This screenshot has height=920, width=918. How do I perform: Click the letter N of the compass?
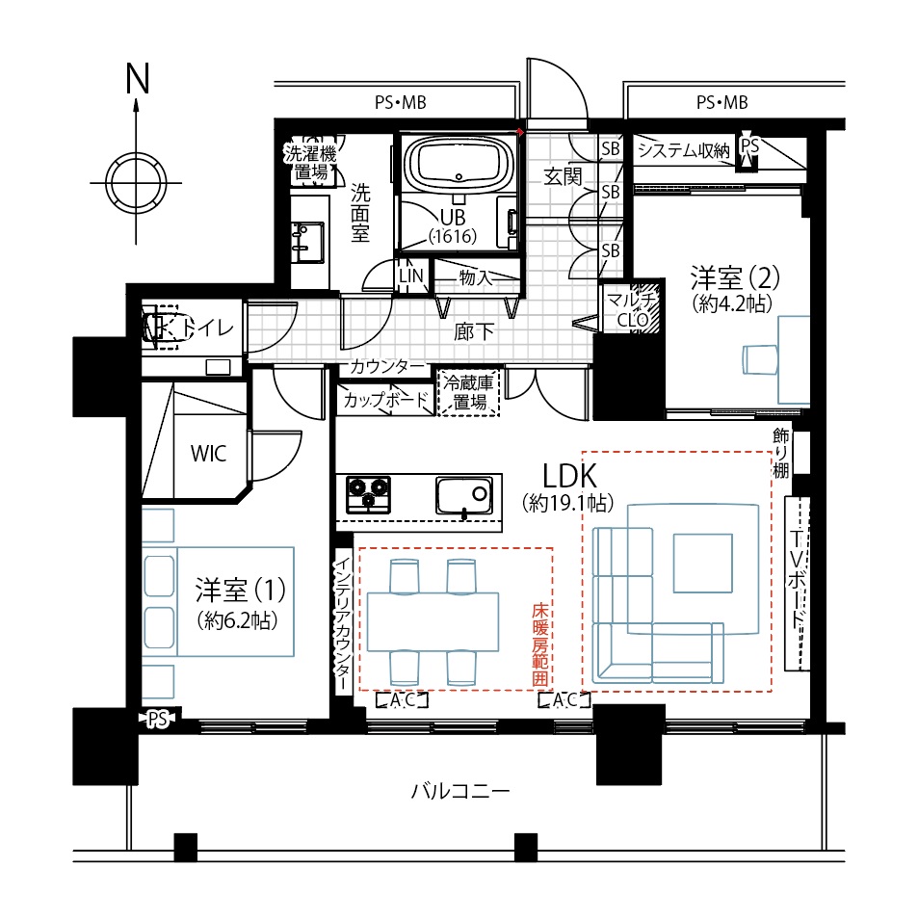click(x=138, y=78)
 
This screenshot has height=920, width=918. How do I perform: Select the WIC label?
click(x=208, y=453)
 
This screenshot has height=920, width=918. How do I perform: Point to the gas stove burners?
click(x=368, y=494)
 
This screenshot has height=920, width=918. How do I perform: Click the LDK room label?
click(x=569, y=476)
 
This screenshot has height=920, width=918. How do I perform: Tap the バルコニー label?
click(x=459, y=792)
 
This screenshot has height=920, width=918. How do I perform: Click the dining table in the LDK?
click(x=433, y=622)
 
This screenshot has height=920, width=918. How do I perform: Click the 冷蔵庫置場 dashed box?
click(x=469, y=393)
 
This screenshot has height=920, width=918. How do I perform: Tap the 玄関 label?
click(x=563, y=176)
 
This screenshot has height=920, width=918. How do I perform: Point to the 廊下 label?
click(x=473, y=332)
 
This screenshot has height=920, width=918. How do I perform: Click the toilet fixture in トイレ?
click(x=160, y=327)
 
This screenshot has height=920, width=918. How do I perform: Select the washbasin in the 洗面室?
click(x=306, y=242)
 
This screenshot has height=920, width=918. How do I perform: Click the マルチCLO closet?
click(x=631, y=309)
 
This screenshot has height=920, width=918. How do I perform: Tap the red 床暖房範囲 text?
click(x=540, y=644)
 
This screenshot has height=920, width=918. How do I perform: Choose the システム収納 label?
click(x=683, y=151)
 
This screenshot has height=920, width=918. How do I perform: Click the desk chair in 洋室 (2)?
click(x=760, y=359)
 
